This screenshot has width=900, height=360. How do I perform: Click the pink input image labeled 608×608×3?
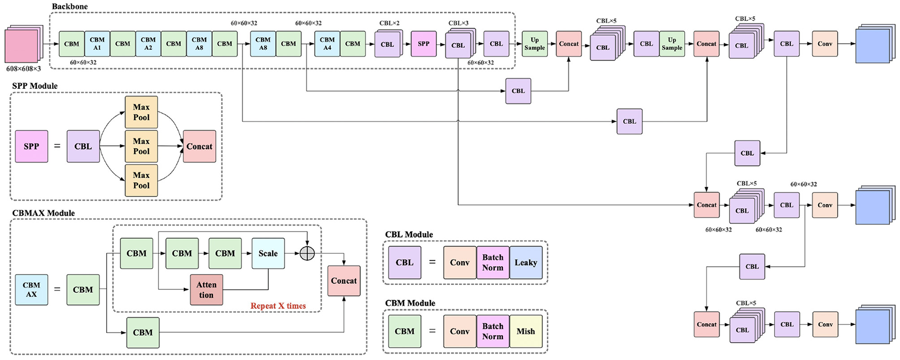[x=22, y=46]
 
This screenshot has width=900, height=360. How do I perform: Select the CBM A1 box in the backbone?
[x=97, y=44]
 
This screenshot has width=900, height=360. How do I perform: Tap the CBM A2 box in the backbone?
[x=148, y=44]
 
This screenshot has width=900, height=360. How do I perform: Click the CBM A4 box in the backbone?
[x=327, y=44]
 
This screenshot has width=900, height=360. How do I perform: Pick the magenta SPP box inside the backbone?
[x=424, y=44]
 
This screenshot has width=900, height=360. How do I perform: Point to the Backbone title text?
[x=70, y=7]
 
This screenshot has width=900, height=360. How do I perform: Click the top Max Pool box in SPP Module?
[x=141, y=112]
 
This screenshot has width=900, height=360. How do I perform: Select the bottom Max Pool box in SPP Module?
[x=141, y=180]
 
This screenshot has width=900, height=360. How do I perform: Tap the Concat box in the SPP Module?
[x=199, y=146]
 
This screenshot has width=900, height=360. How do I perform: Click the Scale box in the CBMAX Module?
[x=268, y=253]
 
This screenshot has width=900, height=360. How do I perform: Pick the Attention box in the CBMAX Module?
[x=206, y=290]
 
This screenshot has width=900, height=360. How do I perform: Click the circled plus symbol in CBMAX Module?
[x=307, y=253]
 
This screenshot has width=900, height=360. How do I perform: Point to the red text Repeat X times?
[x=278, y=306]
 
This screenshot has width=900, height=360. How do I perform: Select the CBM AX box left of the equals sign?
[x=31, y=289]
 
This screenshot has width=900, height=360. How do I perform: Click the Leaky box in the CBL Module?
[x=526, y=263]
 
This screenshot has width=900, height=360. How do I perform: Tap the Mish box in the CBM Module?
[x=526, y=331]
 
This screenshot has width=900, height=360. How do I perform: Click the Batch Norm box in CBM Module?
[x=493, y=331]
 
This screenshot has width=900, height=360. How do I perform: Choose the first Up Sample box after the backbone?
[x=535, y=44]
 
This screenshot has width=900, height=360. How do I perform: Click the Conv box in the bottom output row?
[x=825, y=324]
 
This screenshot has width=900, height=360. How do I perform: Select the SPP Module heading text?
[x=35, y=86]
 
